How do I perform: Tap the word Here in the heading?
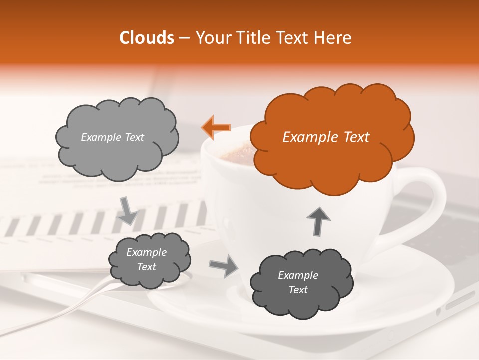click(334, 38)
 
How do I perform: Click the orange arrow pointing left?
click(216, 127)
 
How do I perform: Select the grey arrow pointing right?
click(224, 266)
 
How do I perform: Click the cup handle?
click(429, 200)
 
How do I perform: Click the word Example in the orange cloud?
click(305, 137)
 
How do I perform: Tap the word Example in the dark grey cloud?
click(298, 275)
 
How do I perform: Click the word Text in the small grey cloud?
click(146, 267)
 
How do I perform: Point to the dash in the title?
click(184, 38)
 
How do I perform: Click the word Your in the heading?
click(210, 38)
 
